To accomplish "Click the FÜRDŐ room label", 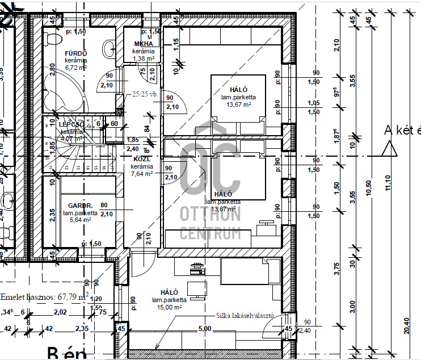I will point(76,53).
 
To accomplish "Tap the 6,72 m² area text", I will point(75,67).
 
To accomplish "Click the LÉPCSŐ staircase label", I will point(71,124).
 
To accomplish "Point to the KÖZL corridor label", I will point(141,160).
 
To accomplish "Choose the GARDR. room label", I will point(80,206).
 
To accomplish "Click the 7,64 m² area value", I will point(141,174).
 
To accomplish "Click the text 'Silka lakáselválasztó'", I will point(245,315).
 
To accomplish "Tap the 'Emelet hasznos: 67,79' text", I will point(43,296).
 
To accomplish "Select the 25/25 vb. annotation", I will point(145,95).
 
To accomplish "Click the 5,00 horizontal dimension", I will point(205,328).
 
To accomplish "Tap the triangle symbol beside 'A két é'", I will point(389,149).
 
